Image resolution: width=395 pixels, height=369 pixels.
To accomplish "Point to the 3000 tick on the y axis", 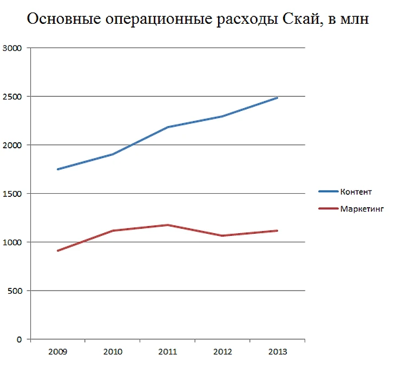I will pyautogui.click(x=12, y=48).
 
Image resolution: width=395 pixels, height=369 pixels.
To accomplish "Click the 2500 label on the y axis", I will pyautogui.click(x=12, y=96).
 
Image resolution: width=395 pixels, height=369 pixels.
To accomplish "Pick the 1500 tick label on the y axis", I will pyautogui.click(x=12, y=194).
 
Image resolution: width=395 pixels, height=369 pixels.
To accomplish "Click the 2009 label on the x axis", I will pyautogui.click(x=57, y=352).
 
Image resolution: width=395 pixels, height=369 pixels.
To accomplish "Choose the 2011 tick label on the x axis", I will pyautogui.click(x=168, y=352).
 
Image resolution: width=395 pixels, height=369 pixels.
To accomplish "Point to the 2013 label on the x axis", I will pyautogui.click(x=277, y=352).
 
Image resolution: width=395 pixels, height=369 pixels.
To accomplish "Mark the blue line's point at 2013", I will pyautogui.click(x=277, y=98).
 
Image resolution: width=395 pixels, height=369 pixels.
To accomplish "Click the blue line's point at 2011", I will pyautogui.click(x=168, y=127).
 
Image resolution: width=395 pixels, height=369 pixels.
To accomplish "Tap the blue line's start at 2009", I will pyautogui.click(x=57, y=169).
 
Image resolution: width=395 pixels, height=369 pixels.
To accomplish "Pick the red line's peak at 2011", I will pyautogui.click(x=168, y=225).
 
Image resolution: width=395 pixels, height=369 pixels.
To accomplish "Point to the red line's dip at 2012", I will pyautogui.click(x=222, y=235).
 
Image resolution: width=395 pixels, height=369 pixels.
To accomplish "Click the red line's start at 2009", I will pyautogui.click(x=57, y=251).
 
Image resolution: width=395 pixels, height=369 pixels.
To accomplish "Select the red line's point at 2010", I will pyautogui.click(x=113, y=230).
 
